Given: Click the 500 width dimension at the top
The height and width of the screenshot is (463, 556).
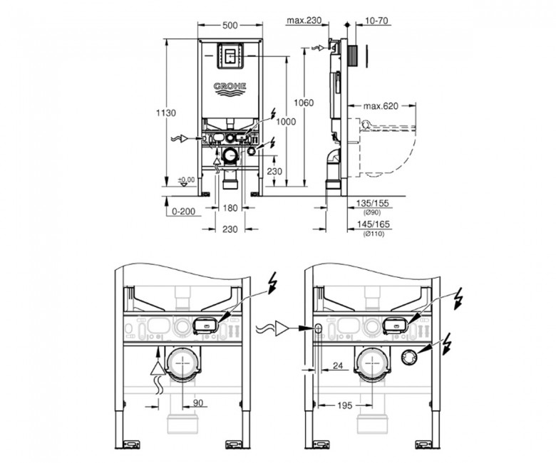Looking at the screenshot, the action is (x=230, y=25).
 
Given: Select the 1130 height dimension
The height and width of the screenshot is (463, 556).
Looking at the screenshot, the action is (x=166, y=113).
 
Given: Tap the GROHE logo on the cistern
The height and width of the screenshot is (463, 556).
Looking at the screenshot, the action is (x=230, y=89).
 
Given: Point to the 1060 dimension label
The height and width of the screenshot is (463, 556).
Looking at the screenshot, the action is (x=304, y=103).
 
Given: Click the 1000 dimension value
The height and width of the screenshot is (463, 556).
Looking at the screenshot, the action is (x=286, y=122).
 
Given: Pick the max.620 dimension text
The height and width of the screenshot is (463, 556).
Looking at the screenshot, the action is (x=381, y=105).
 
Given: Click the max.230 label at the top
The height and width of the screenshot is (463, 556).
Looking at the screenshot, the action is (x=304, y=21).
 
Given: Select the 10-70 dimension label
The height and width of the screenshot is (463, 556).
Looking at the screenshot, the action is (x=376, y=21).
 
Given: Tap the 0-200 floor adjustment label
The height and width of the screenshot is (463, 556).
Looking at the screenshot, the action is (x=183, y=212).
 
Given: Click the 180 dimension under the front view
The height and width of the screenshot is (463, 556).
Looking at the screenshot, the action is (x=230, y=208).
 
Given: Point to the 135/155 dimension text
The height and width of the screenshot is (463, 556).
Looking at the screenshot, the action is (x=372, y=203).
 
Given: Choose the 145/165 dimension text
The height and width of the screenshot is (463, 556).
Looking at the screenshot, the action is (x=373, y=224).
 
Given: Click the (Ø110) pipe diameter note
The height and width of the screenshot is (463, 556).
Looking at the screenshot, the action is (x=374, y=234).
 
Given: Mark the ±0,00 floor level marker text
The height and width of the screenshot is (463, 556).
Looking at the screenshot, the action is (x=186, y=180).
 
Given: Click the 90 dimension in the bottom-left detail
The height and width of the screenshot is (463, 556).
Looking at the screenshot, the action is (x=198, y=403).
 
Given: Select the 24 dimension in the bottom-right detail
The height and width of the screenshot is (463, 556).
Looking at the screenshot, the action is (x=338, y=365).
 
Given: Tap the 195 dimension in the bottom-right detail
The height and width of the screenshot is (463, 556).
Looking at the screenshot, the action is (x=344, y=405).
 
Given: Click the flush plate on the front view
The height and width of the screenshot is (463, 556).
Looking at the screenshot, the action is (x=230, y=56).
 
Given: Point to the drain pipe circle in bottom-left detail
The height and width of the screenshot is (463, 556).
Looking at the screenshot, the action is (x=182, y=365).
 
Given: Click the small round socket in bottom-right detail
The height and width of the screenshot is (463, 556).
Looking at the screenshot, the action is (x=409, y=358).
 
